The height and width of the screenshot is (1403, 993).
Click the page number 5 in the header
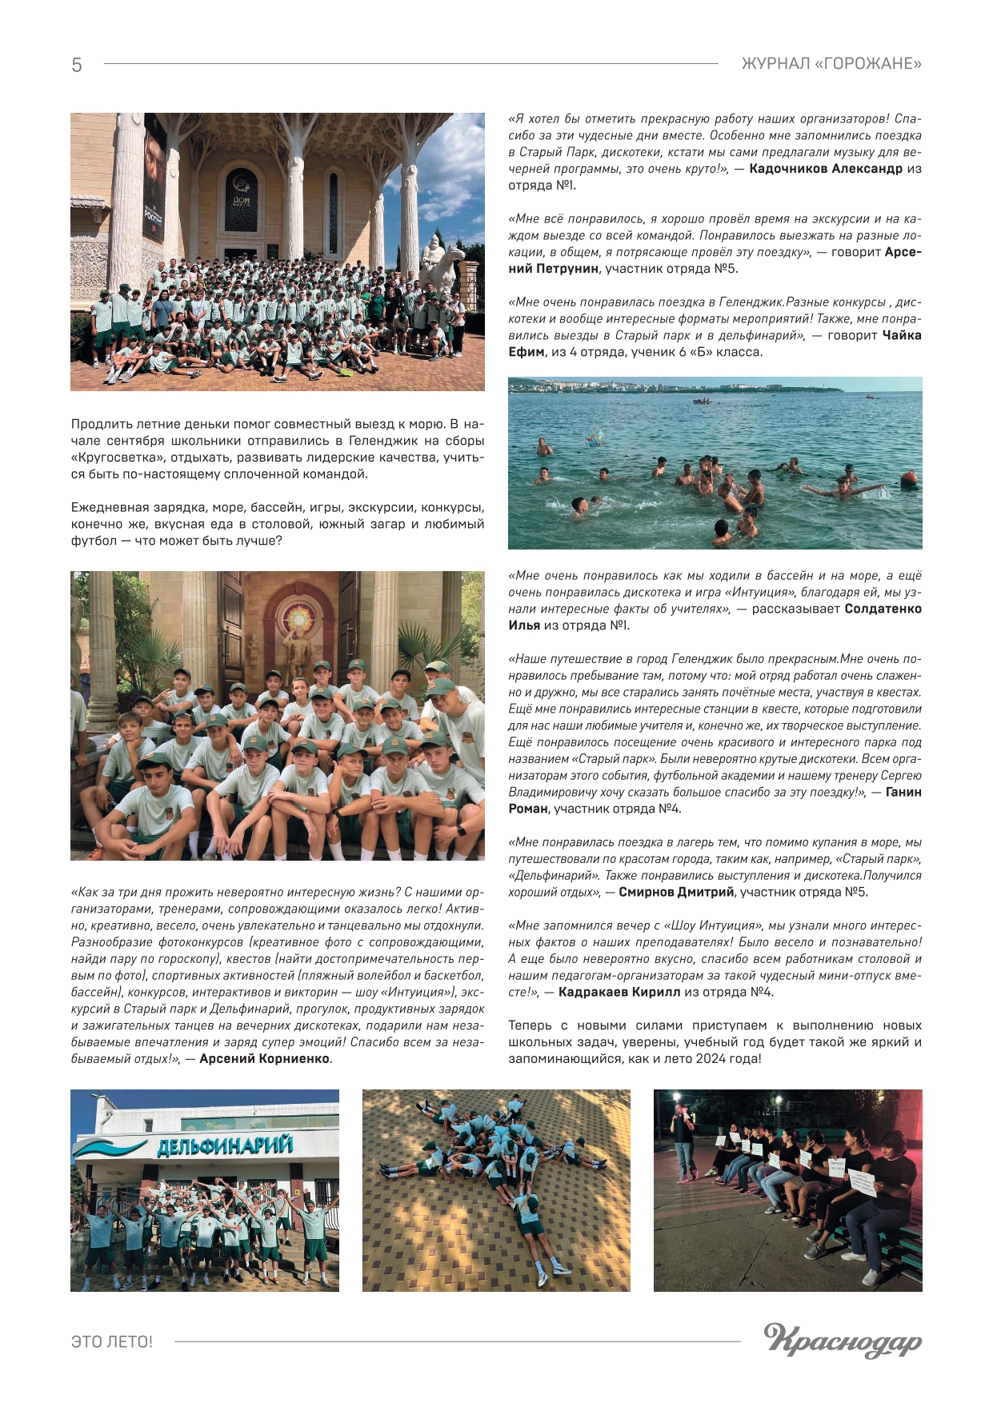click(77, 65)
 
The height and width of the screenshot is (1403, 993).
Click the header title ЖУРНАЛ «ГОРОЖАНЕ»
click(831, 64)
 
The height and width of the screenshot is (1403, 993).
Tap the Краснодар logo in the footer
click(843, 1341)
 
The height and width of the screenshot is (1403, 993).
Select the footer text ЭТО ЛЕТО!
click(112, 1341)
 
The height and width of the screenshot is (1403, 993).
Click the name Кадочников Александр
click(825, 169)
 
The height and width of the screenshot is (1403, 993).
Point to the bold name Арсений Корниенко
click(265, 1058)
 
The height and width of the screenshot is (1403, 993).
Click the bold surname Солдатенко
click(883, 609)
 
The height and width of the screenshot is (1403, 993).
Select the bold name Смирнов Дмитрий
click(676, 892)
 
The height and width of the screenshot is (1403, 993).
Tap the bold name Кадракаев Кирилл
click(619, 992)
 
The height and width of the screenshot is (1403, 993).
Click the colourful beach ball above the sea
click(595, 438)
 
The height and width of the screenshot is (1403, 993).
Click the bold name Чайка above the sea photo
click(902, 335)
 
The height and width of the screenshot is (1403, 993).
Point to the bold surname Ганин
click(903, 792)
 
